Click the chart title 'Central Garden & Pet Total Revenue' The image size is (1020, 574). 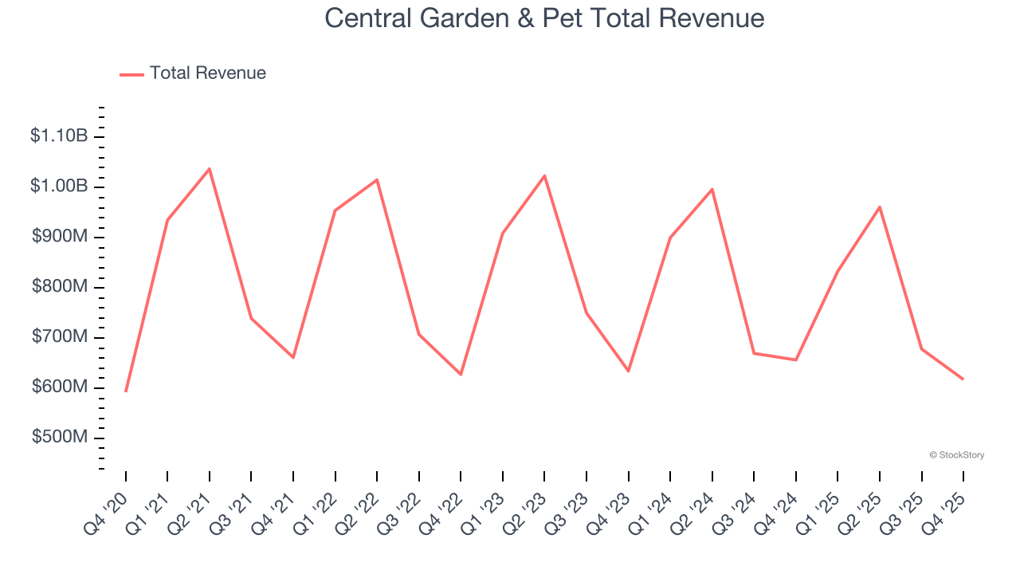tap(544, 18)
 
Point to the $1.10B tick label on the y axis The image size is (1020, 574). tap(59, 136)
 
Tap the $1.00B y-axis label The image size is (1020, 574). tap(59, 187)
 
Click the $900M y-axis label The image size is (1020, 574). tap(60, 237)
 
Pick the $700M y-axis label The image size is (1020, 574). tap(60, 337)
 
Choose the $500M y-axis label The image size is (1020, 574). tap(60, 438)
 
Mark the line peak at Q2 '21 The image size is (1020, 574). tap(209, 169)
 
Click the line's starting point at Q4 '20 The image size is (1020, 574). tap(126, 391)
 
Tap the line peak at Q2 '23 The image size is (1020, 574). tap(544, 175)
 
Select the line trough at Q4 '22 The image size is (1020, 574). tap(461, 374)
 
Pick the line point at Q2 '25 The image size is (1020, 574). tap(879, 207)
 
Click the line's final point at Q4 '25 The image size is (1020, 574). tap(963, 379)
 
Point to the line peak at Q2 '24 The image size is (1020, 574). tap(712, 189)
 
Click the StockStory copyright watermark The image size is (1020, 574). tap(956, 455)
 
